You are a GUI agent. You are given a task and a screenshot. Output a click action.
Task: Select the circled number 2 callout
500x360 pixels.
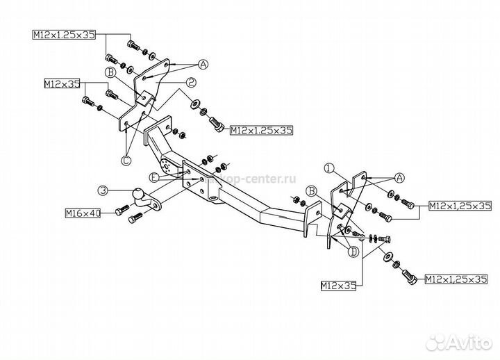pos(191,81)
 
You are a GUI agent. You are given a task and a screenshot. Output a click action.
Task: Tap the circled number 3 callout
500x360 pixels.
pos(103,189)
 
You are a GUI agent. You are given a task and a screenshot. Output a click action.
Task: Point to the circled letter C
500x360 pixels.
pos(126,161)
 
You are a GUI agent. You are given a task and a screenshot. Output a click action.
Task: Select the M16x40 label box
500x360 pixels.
pos(83,213)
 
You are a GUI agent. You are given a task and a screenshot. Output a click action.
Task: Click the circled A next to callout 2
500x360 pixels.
pos(203,65)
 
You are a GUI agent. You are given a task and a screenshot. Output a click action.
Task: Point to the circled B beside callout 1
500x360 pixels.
pos(312,190)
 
